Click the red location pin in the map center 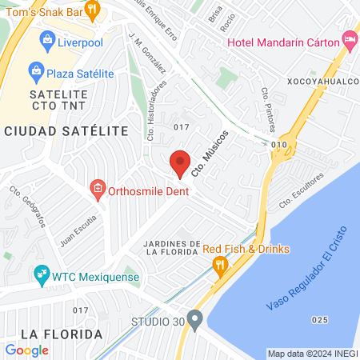(x=180, y=162)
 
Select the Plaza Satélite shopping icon (x=36, y=74)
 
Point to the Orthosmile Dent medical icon (x=97, y=190)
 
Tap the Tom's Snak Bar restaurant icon (x=93, y=10)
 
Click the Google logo (x=26, y=350)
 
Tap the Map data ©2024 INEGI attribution (x=312, y=354)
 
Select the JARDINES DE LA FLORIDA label (x=171, y=247)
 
